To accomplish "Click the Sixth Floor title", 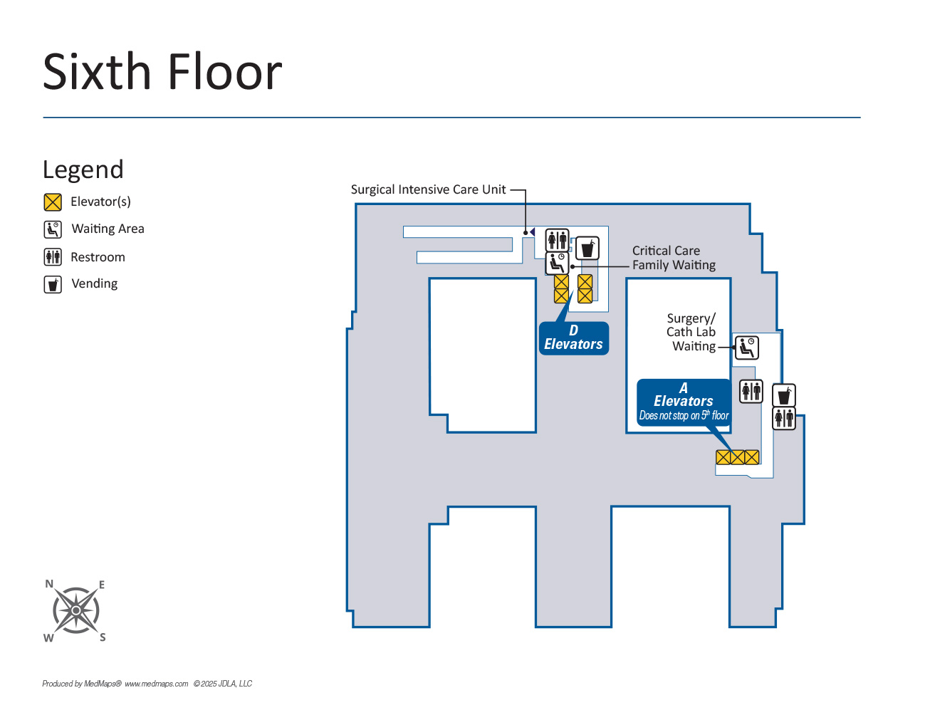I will (x=162, y=72).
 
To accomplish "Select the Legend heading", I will (x=83, y=169).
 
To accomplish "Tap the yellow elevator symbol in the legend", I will (x=53, y=202).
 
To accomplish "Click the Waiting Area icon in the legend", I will (x=53, y=229).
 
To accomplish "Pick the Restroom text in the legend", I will (x=98, y=257).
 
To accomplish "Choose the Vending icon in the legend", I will (x=53, y=284).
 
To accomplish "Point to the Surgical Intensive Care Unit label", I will (x=428, y=189).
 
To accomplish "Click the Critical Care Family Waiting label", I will (x=673, y=258).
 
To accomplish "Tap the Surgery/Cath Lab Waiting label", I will (x=691, y=332).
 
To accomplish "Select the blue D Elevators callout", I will (x=573, y=338).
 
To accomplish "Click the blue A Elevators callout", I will (x=683, y=402).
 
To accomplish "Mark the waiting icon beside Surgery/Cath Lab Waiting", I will (x=747, y=348).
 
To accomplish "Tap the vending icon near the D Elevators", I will (x=587, y=249).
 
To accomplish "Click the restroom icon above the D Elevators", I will (x=557, y=240).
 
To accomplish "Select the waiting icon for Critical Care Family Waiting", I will (x=557, y=263).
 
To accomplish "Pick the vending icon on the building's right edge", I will (x=784, y=395).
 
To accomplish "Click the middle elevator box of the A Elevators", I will (x=738, y=457).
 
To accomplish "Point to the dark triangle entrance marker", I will (x=531, y=232).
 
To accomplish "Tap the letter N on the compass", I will (x=49, y=584).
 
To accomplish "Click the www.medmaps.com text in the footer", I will (x=157, y=684).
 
